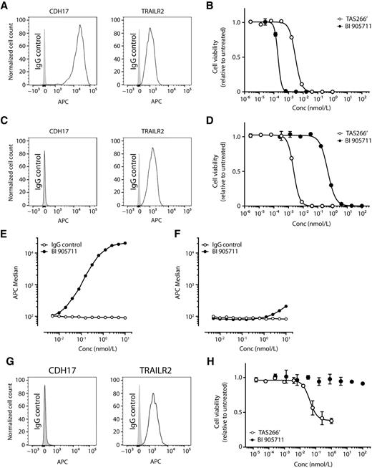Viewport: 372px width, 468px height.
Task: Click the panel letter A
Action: (x=5, y=5)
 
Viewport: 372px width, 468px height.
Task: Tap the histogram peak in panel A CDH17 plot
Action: (x=81, y=27)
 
